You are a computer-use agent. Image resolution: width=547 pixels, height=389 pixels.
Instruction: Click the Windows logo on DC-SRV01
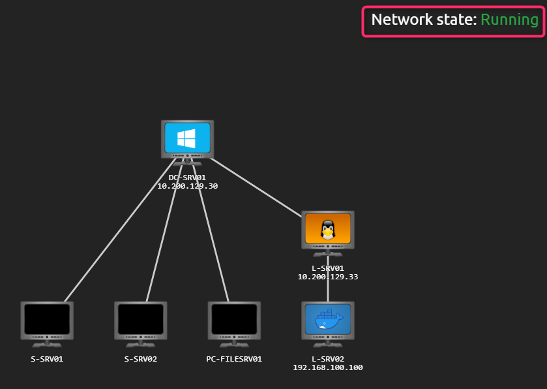187,138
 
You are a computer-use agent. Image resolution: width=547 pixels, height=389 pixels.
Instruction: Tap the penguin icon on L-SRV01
327,228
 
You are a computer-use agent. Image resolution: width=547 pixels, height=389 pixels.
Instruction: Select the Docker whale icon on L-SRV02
327,319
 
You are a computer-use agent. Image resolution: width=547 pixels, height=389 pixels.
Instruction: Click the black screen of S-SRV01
47,319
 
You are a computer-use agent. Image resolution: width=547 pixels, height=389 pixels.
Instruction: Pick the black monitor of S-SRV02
141,319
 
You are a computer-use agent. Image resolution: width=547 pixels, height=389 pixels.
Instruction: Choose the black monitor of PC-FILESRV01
234,319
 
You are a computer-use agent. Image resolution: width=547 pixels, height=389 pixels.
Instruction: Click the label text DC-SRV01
187,177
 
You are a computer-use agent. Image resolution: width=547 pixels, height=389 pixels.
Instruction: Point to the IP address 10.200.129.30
187,186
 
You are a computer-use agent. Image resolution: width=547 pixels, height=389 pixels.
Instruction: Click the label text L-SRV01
327,268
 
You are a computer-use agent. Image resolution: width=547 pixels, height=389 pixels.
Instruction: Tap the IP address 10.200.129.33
327,277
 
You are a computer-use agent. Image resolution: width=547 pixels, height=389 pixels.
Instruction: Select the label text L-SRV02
327,358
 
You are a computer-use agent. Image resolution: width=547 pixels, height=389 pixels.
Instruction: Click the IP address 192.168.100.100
327,367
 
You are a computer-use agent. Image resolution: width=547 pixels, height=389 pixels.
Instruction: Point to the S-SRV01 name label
47,359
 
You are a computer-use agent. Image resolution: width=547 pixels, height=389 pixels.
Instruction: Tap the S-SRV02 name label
141,359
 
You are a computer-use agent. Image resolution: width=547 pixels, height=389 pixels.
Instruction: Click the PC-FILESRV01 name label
234,359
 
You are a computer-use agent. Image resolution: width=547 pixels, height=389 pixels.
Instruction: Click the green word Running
509,20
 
